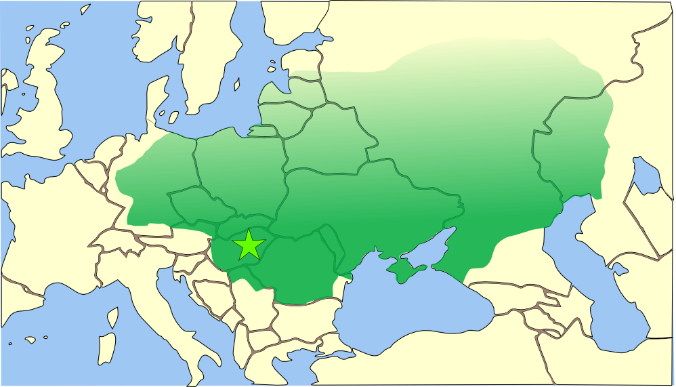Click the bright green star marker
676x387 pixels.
(x=249, y=245)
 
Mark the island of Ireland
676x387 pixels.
(x=8, y=88)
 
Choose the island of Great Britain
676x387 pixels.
(x=47, y=108)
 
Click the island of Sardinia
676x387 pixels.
(x=107, y=349)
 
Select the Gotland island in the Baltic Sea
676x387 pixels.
(x=237, y=85)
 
